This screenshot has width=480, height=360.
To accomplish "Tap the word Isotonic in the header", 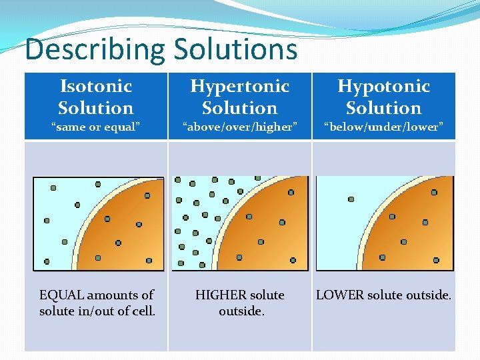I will (96, 86).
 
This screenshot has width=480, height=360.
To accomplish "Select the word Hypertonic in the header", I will (240, 86).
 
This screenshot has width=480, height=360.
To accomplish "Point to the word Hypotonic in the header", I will (384, 86).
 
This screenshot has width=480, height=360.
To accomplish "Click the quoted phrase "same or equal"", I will (96, 127).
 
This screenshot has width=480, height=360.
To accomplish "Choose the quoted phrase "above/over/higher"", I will (240, 127).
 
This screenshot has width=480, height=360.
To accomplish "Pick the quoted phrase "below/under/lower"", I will (384, 127).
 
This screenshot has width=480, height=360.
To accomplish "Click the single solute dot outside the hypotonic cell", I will (351, 199).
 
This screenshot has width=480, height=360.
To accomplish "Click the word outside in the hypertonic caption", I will (240, 311).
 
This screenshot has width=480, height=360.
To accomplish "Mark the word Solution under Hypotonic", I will (384, 108).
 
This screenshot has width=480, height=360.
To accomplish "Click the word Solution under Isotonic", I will (96, 108).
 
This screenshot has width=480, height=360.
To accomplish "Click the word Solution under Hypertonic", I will (240, 108).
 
